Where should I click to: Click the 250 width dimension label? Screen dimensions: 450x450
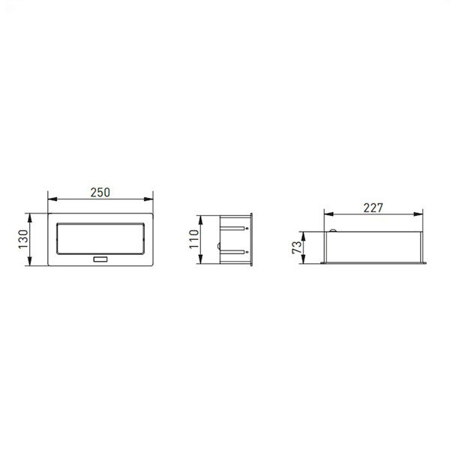(100, 193)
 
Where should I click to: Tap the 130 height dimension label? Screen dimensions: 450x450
(23, 239)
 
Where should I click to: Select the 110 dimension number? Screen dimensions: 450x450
(194, 239)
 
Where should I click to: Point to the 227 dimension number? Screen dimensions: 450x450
(373, 208)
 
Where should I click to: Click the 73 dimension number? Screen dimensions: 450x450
(297, 247)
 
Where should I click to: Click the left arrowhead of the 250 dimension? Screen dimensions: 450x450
(52, 199)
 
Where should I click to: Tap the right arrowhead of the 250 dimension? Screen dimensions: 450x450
(148, 199)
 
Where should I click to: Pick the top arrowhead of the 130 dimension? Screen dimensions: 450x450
(29, 218)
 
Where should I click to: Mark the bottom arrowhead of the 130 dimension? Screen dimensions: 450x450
(29, 261)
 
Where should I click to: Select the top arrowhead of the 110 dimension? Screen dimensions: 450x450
(200, 220)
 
